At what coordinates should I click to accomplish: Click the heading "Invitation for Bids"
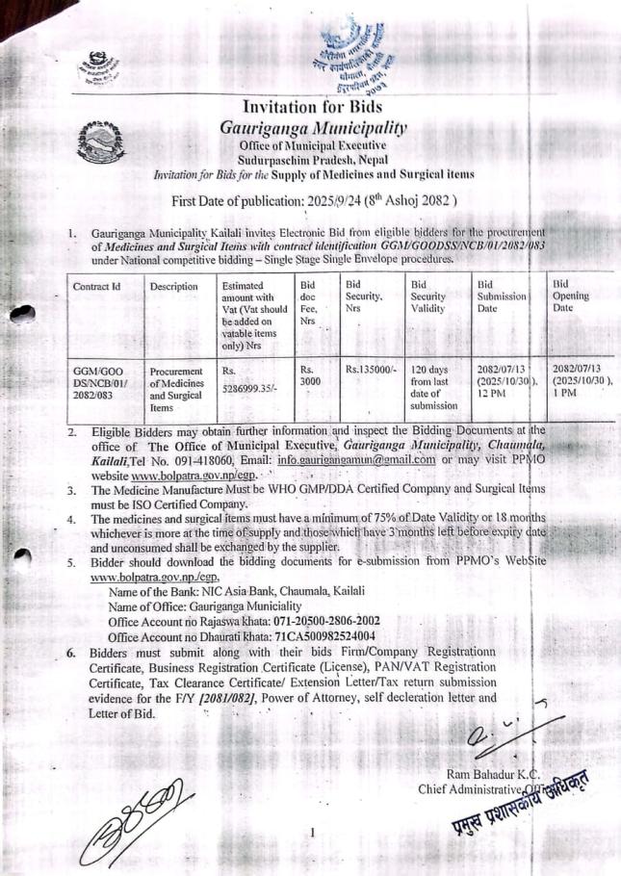pyautogui.click(x=312, y=106)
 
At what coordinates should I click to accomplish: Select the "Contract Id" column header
pyautogui.click(x=95, y=287)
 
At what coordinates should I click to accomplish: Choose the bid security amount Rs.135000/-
pyautogui.click(x=371, y=368)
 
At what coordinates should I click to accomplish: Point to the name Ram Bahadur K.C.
pyautogui.click(x=494, y=775)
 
